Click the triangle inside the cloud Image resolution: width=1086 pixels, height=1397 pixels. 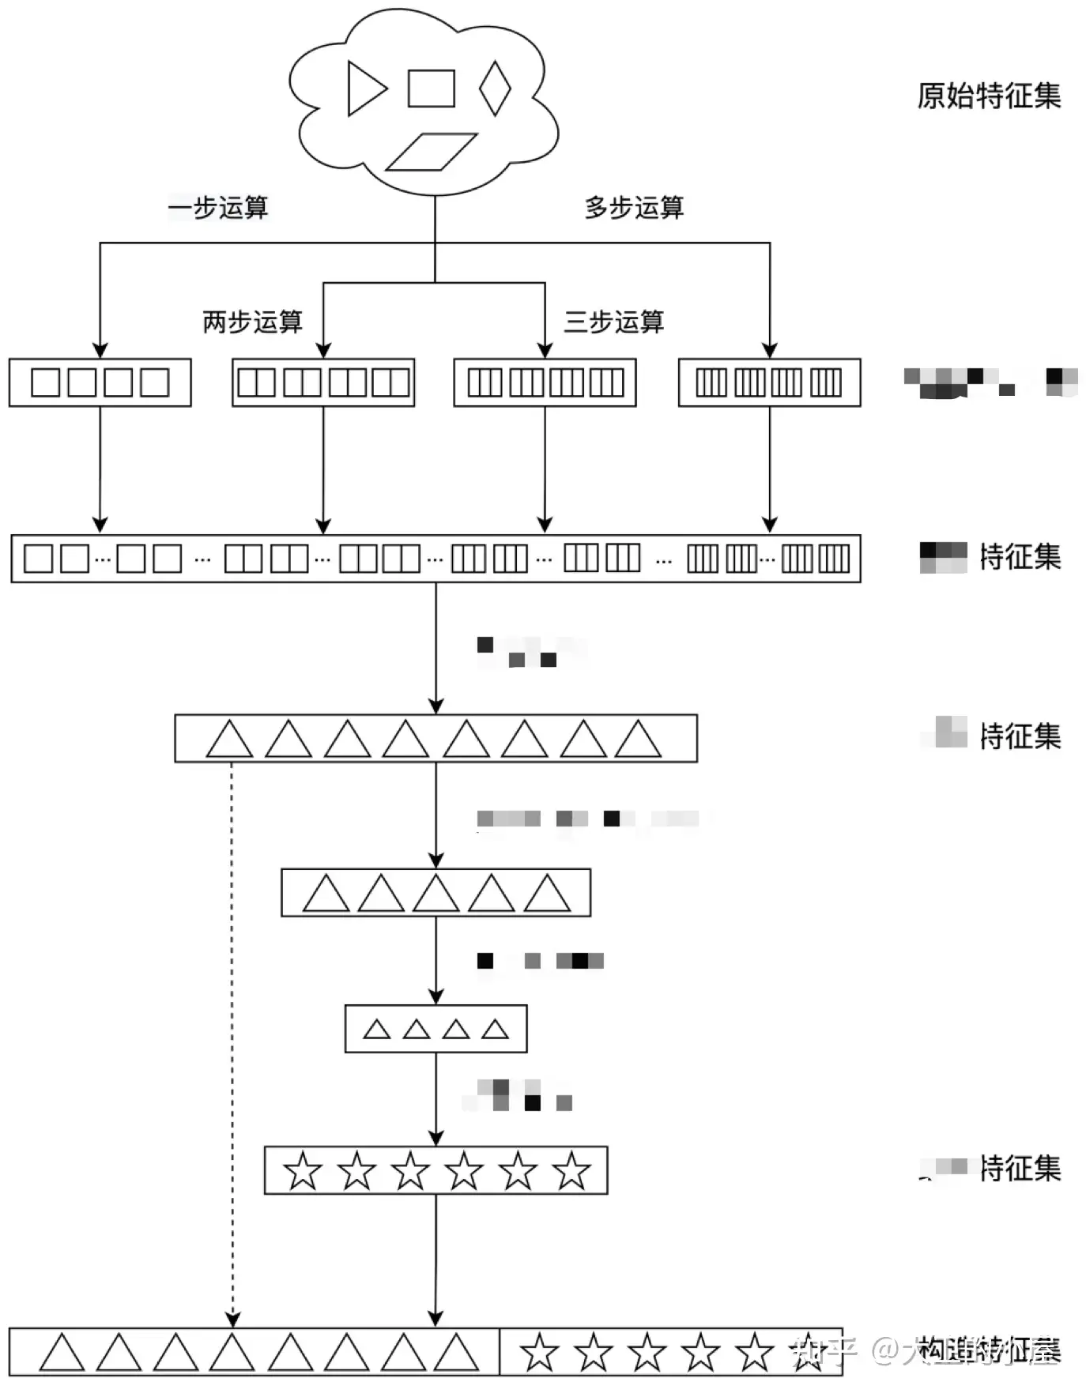[x=365, y=88]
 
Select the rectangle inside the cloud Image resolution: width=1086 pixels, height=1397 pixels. [x=431, y=88]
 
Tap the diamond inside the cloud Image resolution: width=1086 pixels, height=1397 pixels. [x=495, y=88]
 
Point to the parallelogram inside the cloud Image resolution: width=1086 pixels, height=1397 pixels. [x=431, y=152]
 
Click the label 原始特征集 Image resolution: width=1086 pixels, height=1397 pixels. [x=989, y=96]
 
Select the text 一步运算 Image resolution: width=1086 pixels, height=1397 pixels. [x=218, y=208]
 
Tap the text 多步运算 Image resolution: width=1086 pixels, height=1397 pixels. [x=634, y=208]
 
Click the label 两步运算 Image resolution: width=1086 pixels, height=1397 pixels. [x=252, y=322]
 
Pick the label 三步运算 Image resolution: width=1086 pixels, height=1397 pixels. [x=613, y=322]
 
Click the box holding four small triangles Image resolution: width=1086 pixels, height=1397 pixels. [x=436, y=1029]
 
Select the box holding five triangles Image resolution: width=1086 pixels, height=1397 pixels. [x=436, y=893]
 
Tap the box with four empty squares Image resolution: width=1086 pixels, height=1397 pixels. [x=100, y=383]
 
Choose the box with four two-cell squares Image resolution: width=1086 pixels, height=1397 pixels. [x=323, y=383]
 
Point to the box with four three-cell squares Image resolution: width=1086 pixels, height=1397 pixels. [x=545, y=383]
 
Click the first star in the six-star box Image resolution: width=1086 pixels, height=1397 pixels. [x=303, y=1171]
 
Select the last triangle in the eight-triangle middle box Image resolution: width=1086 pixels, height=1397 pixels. [x=637, y=740]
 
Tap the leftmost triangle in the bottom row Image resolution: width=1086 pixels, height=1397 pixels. [x=62, y=1353]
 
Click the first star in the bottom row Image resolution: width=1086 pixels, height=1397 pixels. [x=540, y=1353]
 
